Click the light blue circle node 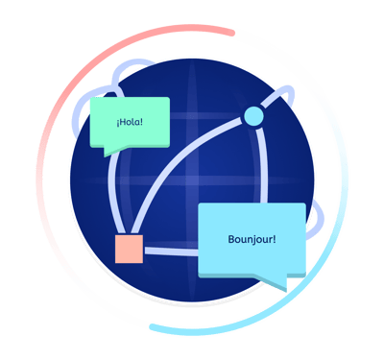coord(252,116)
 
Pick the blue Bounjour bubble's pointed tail coord(278,282)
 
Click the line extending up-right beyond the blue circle coord(278,95)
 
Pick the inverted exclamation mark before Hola coord(117,123)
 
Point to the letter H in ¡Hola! coord(123,123)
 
